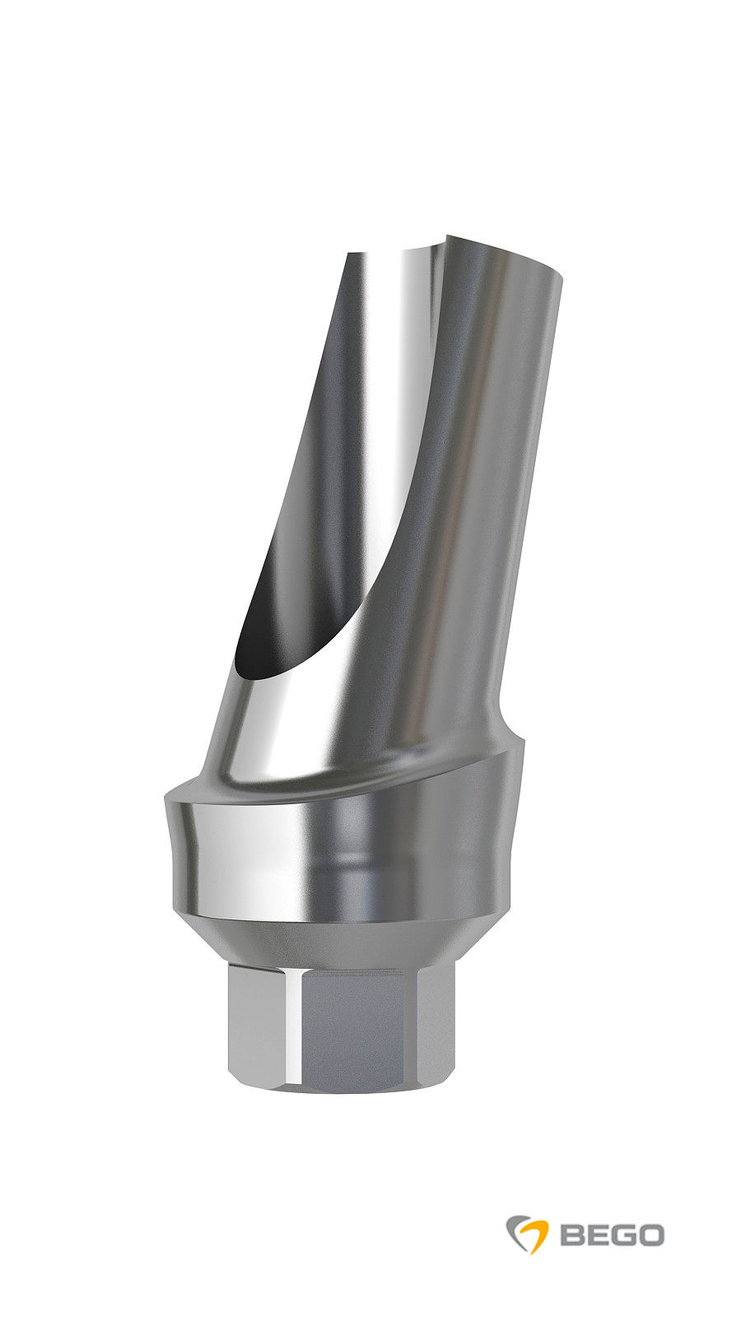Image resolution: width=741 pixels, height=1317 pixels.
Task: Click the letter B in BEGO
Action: pos(573,1235)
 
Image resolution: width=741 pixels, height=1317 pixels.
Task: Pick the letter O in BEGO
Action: pos(650,1235)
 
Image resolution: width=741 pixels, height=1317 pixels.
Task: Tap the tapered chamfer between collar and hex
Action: pos(346,942)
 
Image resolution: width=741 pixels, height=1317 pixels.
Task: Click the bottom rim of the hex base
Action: pos(346,1088)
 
